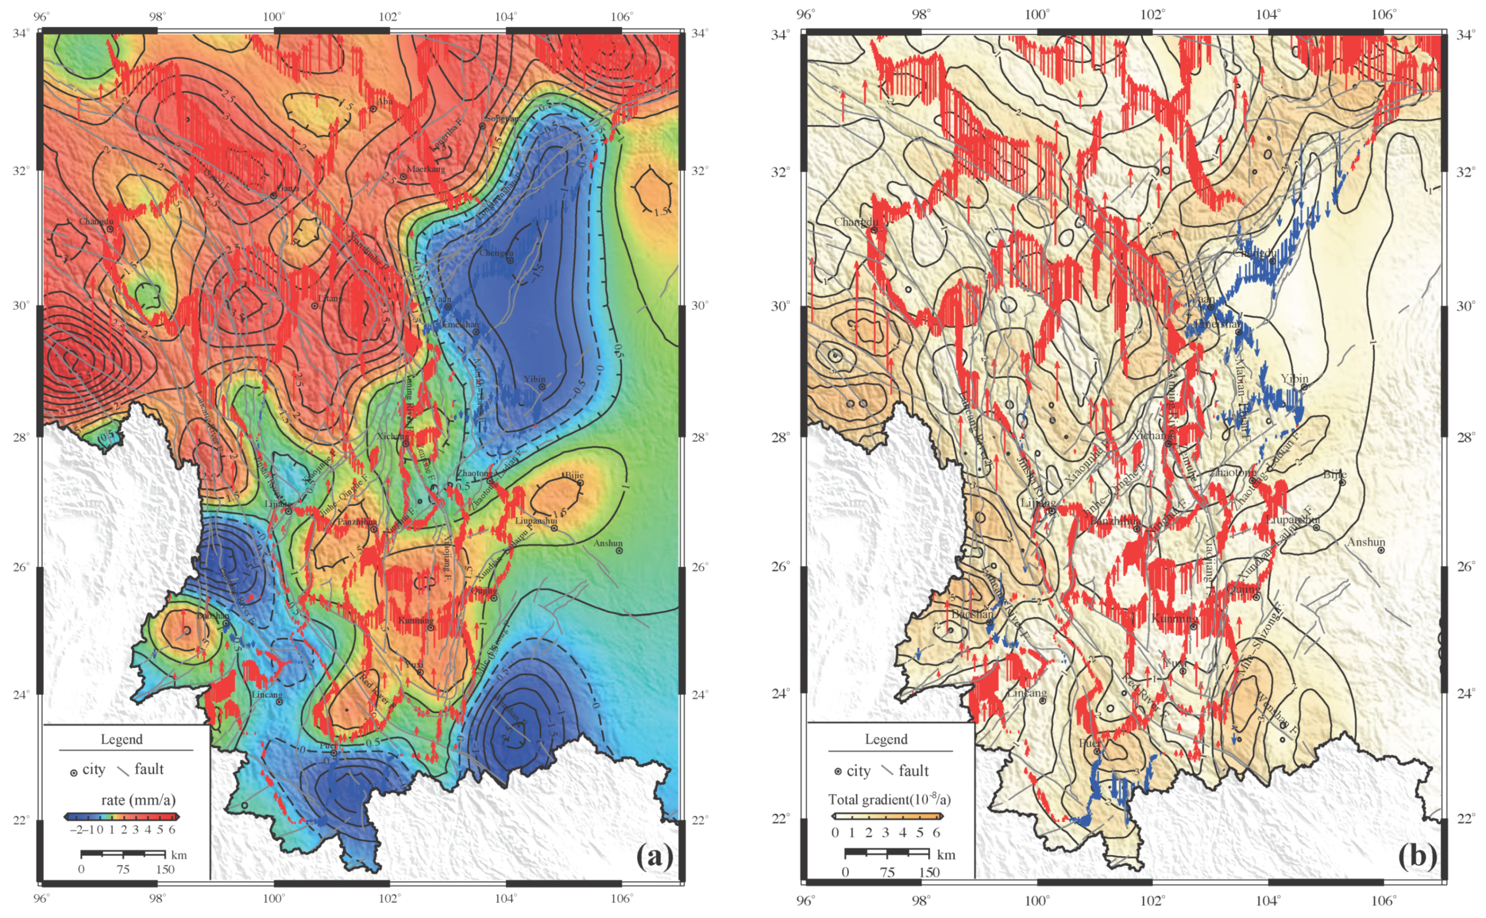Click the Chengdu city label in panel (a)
(496, 253)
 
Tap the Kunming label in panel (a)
(416, 621)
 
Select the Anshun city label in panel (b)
(1366, 542)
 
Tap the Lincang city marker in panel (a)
(279, 702)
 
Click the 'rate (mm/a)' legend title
(138, 800)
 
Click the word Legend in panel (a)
(121, 739)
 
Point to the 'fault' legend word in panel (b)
(913, 771)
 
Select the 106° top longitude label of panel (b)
(1384, 15)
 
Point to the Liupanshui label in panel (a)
(536, 521)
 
